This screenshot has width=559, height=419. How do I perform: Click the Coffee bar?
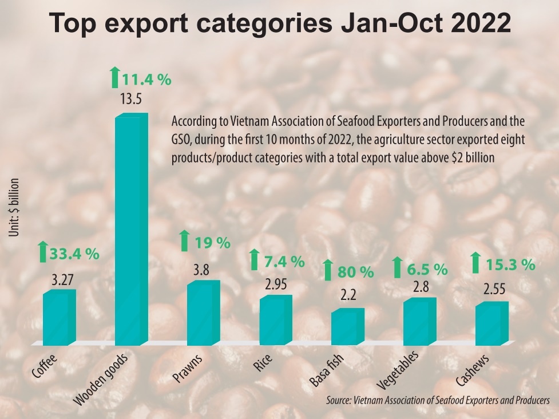coord(58,318)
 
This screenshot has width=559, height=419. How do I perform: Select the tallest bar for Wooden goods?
coord(130,229)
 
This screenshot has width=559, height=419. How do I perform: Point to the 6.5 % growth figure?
coord(427,267)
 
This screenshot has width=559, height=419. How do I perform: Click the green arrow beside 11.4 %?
coord(114,78)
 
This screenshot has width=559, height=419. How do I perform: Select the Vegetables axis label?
coord(399,371)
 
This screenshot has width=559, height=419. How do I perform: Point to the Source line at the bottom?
coord(438,401)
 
